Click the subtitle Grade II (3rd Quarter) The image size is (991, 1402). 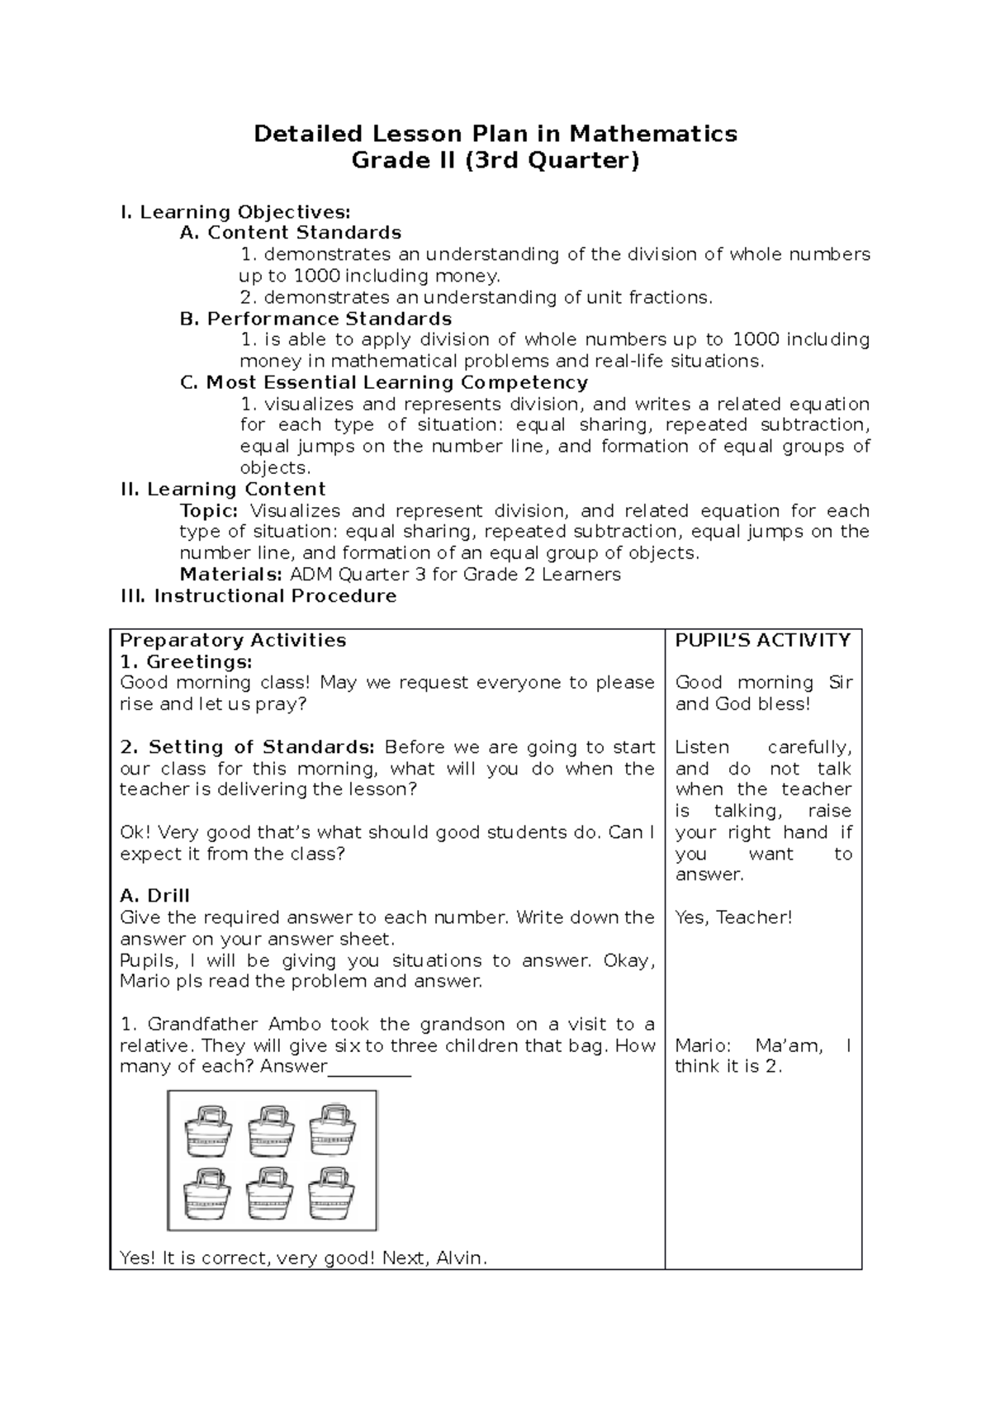(x=495, y=160)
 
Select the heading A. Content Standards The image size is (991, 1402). (x=291, y=233)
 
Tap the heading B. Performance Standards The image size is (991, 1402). (x=315, y=319)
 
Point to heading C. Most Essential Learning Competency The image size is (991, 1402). (x=384, y=382)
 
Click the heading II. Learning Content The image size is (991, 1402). (x=223, y=489)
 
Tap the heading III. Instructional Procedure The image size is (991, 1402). (x=258, y=596)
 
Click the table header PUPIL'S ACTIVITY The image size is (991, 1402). (x=762, y=641)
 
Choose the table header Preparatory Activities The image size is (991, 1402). (x=233, y=641)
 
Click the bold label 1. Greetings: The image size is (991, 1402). (x=186, y=662)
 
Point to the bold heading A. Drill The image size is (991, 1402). (x=154, y=896)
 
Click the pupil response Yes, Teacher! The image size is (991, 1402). (x=733, y=917)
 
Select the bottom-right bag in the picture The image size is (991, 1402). (x=332, y=1193)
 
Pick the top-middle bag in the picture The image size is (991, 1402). (x=271, y=1130)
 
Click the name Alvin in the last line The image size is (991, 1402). (x=461, y=1258)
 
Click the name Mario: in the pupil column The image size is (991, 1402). (x=701, y=1046)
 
